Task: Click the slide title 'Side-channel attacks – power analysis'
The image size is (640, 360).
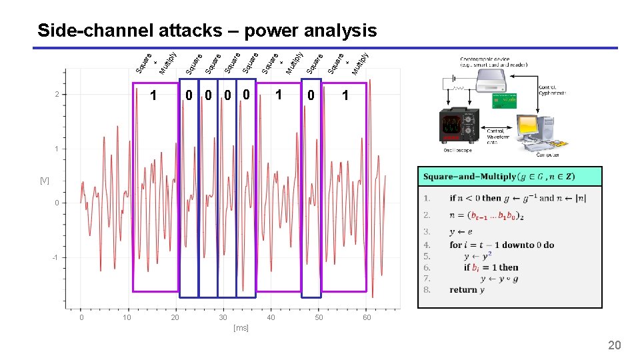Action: (207, 31)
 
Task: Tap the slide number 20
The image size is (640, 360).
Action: (614, 345)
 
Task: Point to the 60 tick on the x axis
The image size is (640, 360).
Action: (367, 318)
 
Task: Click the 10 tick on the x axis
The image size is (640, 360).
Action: (127, 318)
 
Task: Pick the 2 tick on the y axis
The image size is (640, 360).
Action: (57, 95)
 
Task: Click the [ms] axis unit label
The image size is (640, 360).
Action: (241, 328)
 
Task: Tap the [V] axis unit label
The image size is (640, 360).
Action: (44, 181)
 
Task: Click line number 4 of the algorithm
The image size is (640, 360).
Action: (427, 245)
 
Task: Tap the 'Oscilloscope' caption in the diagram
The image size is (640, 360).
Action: (457, 150)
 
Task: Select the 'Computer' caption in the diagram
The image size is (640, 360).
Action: (547, 155)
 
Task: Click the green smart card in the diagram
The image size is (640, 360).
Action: (505, 101)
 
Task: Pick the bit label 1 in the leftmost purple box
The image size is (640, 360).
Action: (154, 96)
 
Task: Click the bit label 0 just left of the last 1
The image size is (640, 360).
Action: (311, 96)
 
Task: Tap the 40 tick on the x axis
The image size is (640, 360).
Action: (271, 318)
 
